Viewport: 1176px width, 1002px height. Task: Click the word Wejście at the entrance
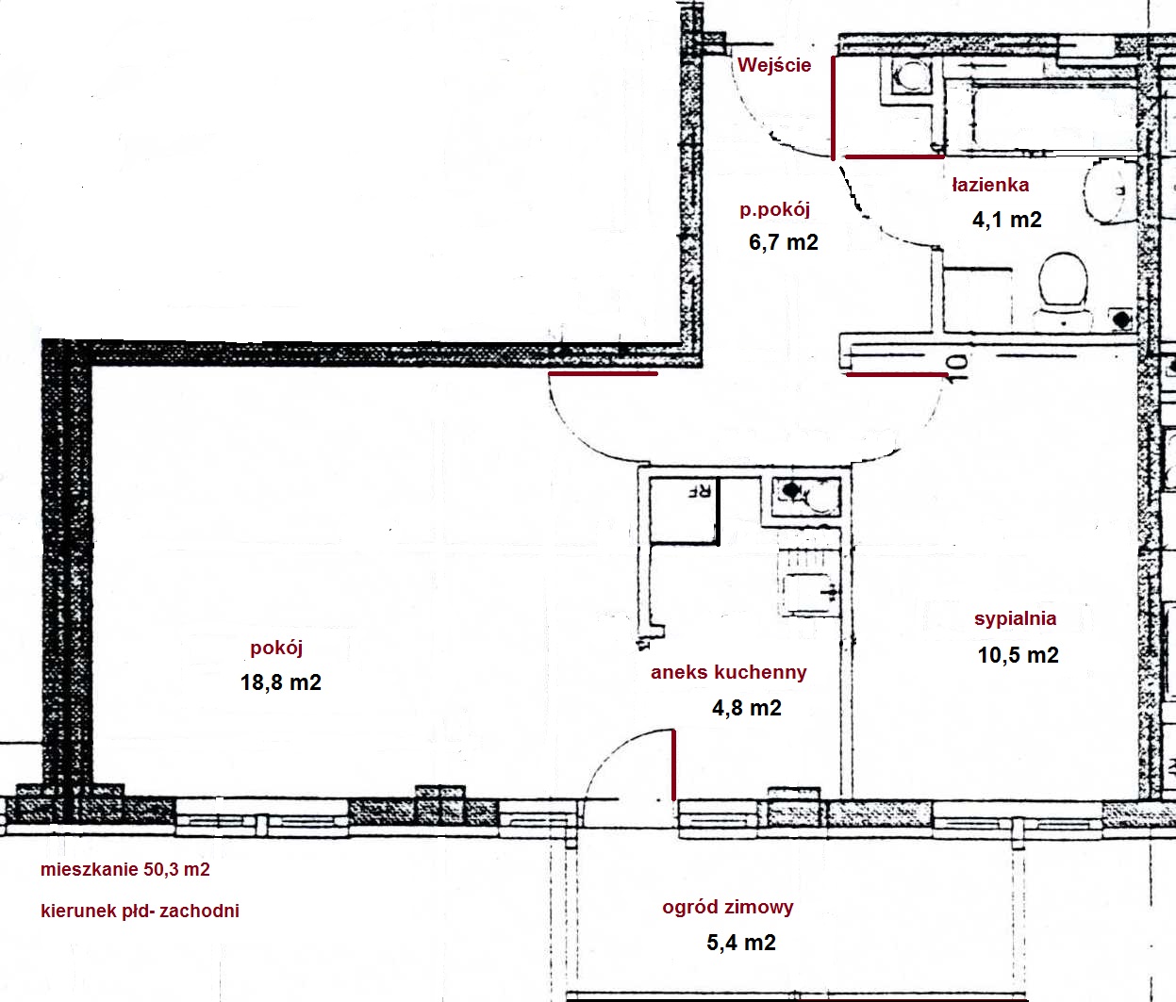pos(773,65)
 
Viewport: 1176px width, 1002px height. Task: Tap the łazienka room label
pos(990,184)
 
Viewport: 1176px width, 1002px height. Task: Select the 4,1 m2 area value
pos(1007,220)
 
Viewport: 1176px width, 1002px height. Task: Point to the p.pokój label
pos(774,210)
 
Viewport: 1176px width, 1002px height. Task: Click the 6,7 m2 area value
pos(784,242)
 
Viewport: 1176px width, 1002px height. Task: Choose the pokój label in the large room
pos(276,648)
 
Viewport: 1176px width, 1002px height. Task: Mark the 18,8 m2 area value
pos(280,682)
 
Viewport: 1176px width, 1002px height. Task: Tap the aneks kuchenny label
pos(729,672)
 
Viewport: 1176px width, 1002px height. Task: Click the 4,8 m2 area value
pos(747,708)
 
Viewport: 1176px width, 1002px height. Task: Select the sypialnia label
pos(1015,618)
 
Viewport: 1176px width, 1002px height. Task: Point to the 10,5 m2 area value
pos(1018,655)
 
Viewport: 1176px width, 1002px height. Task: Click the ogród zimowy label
pos(728,907)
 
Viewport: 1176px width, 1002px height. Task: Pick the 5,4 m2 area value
pos(740,943)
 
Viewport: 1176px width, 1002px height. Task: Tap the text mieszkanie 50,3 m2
pos(125,869)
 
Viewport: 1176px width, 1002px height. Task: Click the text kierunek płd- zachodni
pos(140,911)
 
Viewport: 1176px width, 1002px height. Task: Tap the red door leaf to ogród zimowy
pos(674,764)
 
